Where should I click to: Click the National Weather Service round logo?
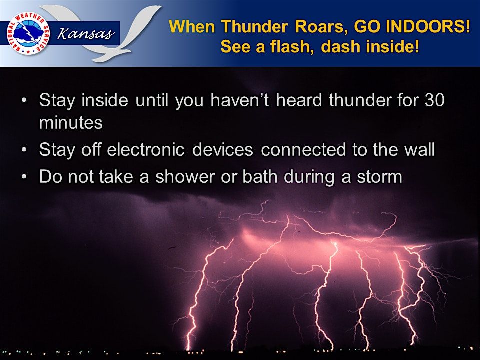click(x=28, y=33)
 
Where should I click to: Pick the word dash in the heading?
click(x=341, y=47)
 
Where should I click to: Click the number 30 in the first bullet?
click(x=434, y=100)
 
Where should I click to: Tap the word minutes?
click(x=71, y=123)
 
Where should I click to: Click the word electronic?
click(x=146, y=149)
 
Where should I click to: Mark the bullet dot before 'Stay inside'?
click(x=24, y=100)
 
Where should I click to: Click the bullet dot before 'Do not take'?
click(x=24, y=177)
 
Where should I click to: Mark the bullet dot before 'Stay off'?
click(x=24, y=150)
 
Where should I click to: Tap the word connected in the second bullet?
click(x=303, y=149)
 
